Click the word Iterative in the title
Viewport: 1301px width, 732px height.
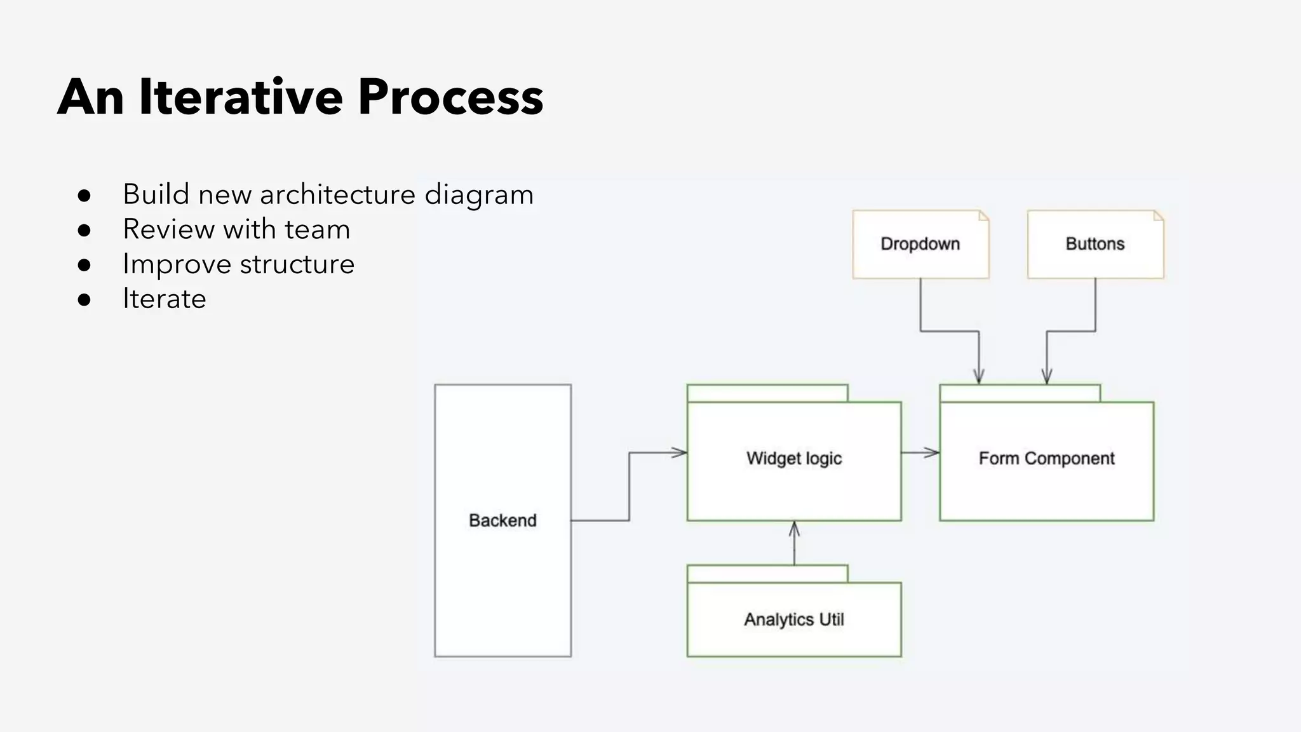coord(241,97)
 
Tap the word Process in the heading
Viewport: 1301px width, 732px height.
coord(450,97)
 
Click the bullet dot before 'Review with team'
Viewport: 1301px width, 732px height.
coord(84,230)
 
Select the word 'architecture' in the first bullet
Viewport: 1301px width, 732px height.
coord(337,194)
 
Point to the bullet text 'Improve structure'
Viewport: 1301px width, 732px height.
coord(238,264)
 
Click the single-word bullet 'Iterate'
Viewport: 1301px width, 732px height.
coord(164,299)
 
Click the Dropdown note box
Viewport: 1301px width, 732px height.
coord(920,244)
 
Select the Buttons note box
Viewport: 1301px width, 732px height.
coord(1095,244)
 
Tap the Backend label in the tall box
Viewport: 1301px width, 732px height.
coord(502,520)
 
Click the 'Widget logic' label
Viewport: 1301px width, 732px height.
coord(794,458)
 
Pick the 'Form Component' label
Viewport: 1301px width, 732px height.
coord(1046,458)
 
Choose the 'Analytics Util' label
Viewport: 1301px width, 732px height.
coord(794,619)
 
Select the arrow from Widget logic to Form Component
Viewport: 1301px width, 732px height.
coord(920,452)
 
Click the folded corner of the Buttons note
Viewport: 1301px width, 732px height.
coord(1159,216)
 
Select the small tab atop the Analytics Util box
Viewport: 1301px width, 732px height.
coord(767,574)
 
